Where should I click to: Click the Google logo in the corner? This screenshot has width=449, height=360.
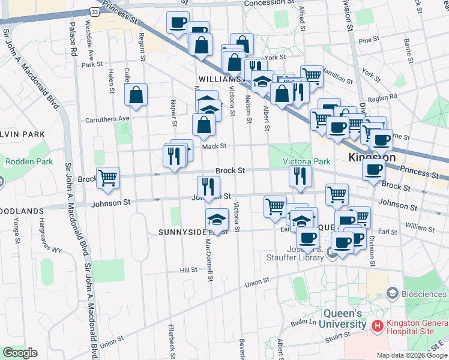point(20,353)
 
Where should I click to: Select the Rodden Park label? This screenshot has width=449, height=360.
point(29,161)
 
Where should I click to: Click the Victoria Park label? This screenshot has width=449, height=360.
point(307,161)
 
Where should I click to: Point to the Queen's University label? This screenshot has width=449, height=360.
point(343,319)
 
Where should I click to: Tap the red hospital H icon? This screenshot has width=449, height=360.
point(378,326)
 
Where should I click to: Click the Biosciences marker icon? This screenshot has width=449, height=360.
point(393,293)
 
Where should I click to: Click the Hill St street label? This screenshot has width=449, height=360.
point(188,270)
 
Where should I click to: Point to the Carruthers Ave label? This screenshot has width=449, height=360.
point(107,118)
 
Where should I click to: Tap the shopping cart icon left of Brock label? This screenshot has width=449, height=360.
point(107,178)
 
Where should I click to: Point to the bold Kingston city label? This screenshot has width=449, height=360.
point(372,158)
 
